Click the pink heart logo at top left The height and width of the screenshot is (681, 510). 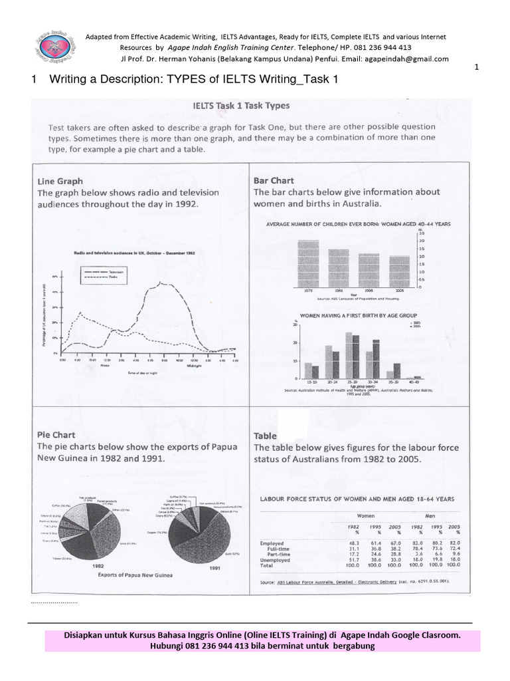pos(50,49)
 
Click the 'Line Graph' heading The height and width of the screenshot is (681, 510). pos(60,180)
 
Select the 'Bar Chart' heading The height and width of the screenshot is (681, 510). pos(274,180)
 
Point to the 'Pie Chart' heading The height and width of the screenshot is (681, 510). pos(58,434)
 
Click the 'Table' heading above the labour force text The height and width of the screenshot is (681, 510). pos(266,436)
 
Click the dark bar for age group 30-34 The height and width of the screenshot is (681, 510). pos(376,358)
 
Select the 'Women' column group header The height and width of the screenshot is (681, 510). pos(367,515)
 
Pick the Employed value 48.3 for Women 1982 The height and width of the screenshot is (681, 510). pos(353,543)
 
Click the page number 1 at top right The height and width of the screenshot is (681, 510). pos(477,67)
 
